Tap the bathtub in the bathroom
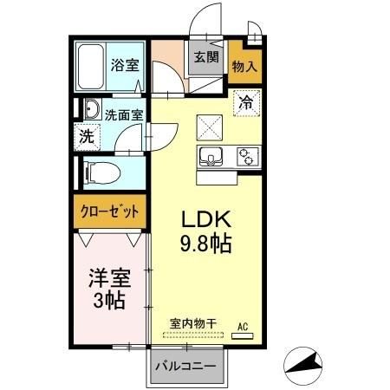pos(91,67)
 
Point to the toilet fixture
pos(98,171)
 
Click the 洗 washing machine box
pos(86,136)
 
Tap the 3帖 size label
pos(109,302)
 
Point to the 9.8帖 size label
pos(205,244)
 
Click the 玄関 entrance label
pos(206,59)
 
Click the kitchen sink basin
pos(211,157)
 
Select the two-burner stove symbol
pos(247,157)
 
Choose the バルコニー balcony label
pos(188,366)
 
